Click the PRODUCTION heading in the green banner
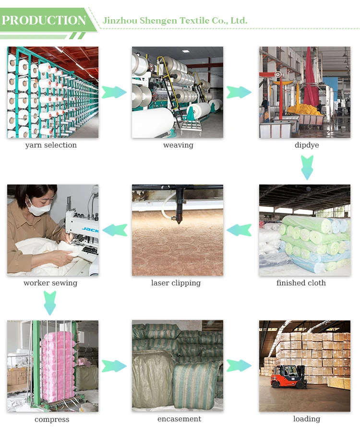[44, 21]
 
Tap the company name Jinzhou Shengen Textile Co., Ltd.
[175, 21]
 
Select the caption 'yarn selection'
[51, 145]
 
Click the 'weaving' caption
[178, 145]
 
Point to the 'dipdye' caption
[307, 145]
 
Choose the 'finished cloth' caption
[301, 283]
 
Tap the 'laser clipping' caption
[176, 283]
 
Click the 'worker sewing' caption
[50, 283]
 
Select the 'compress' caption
[52, 419]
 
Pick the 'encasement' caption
[180, 419]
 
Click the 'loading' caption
[307, 419]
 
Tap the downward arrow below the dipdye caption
[307, 166]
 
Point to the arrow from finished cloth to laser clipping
[239, 230]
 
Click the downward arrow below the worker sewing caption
[50, 303]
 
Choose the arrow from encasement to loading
[239, 366]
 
